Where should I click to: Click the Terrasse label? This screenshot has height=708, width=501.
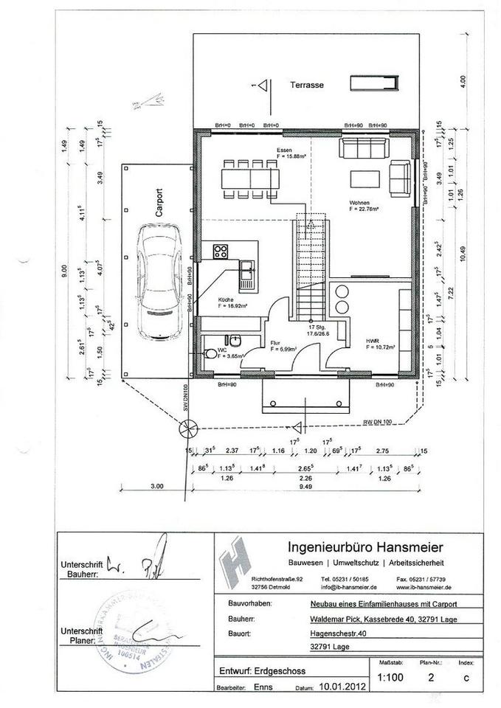[306, 85]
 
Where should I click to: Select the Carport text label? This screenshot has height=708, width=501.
[159, 201]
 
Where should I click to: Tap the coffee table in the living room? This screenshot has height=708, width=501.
[365, 178]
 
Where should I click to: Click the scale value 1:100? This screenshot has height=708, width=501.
[390, 676]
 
